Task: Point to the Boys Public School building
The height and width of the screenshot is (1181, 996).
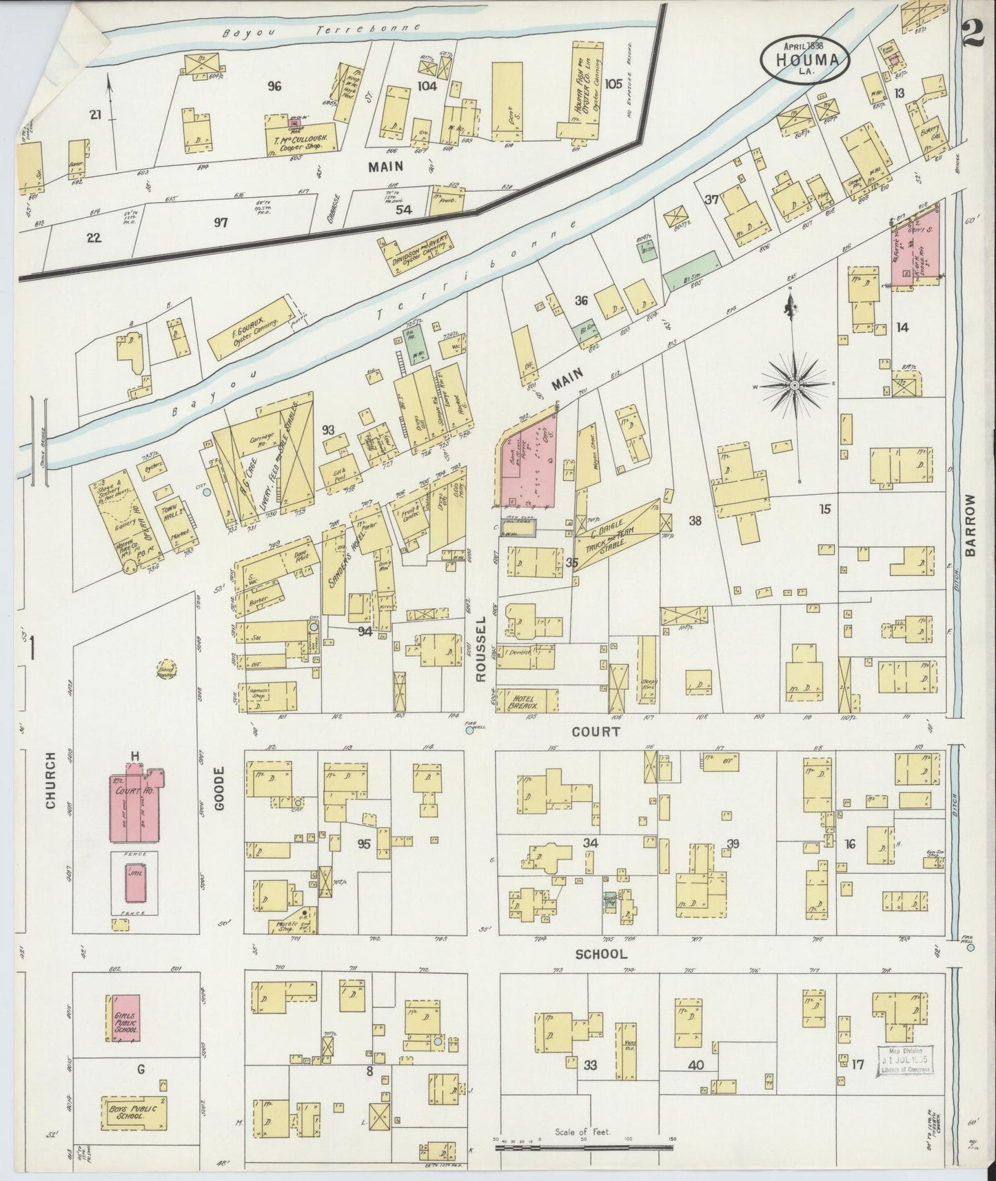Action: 134,1114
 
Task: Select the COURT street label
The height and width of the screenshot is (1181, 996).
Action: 596,732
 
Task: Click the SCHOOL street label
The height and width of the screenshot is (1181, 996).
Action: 602,954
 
